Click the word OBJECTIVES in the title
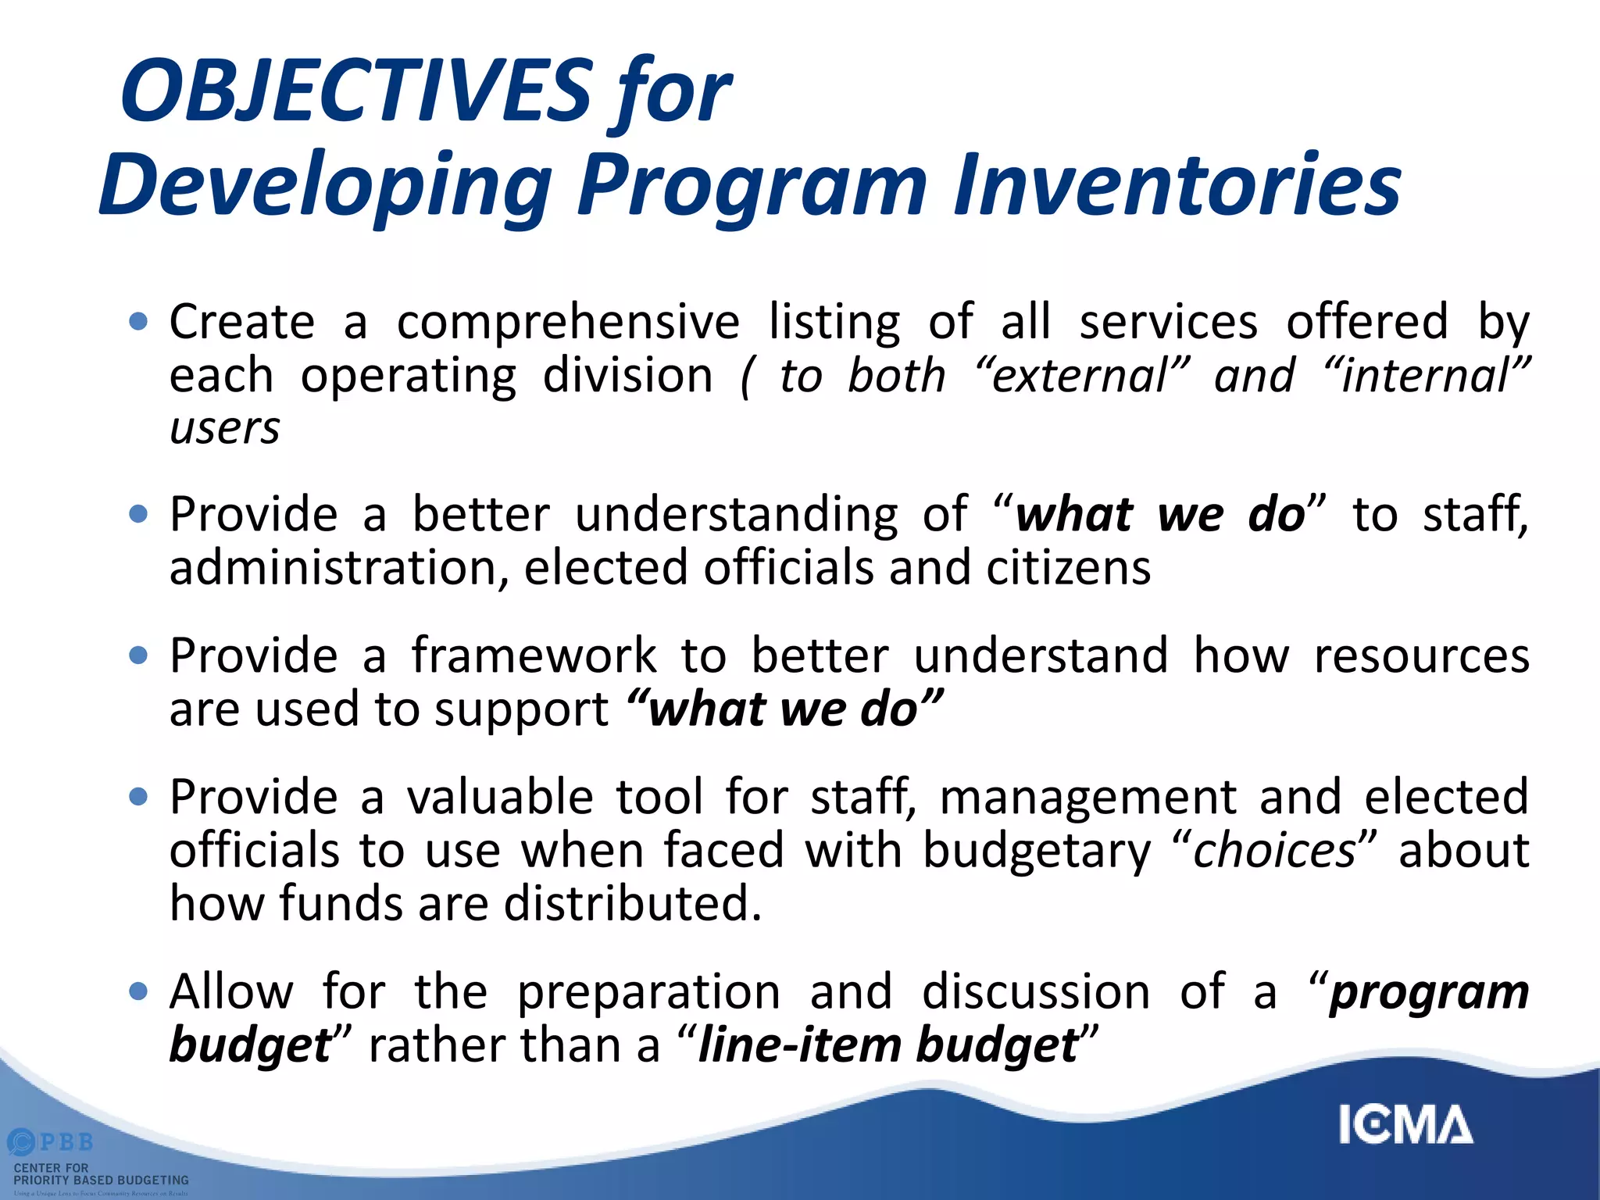coord(356,92)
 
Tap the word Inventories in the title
coord(1177,185)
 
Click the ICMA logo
coord(1405,1125)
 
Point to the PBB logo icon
coord(21,1142)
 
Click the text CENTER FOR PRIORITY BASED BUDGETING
coord(101,1173)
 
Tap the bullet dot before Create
coord(138,321)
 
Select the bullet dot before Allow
coord(138,991)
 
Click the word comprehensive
coord(568,323)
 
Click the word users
coord(225,429)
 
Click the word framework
coord(534,655)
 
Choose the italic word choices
coord(1274,851)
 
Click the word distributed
coord(631,904)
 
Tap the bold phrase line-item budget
coord(887,1045)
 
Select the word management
coord(1088,798)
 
